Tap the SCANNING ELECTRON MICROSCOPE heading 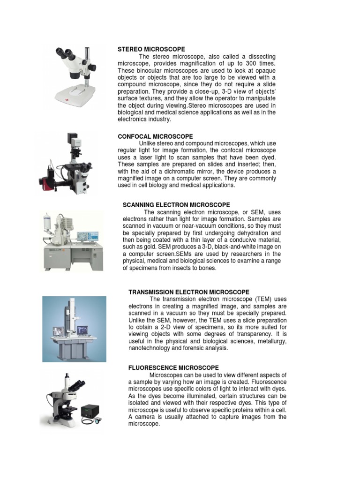pyautogui.click(x=176, y=205)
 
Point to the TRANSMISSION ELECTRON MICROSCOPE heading pyautogui.click(x=189, y=292)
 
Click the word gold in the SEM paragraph pyautogui.click(x=151, y=247)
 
